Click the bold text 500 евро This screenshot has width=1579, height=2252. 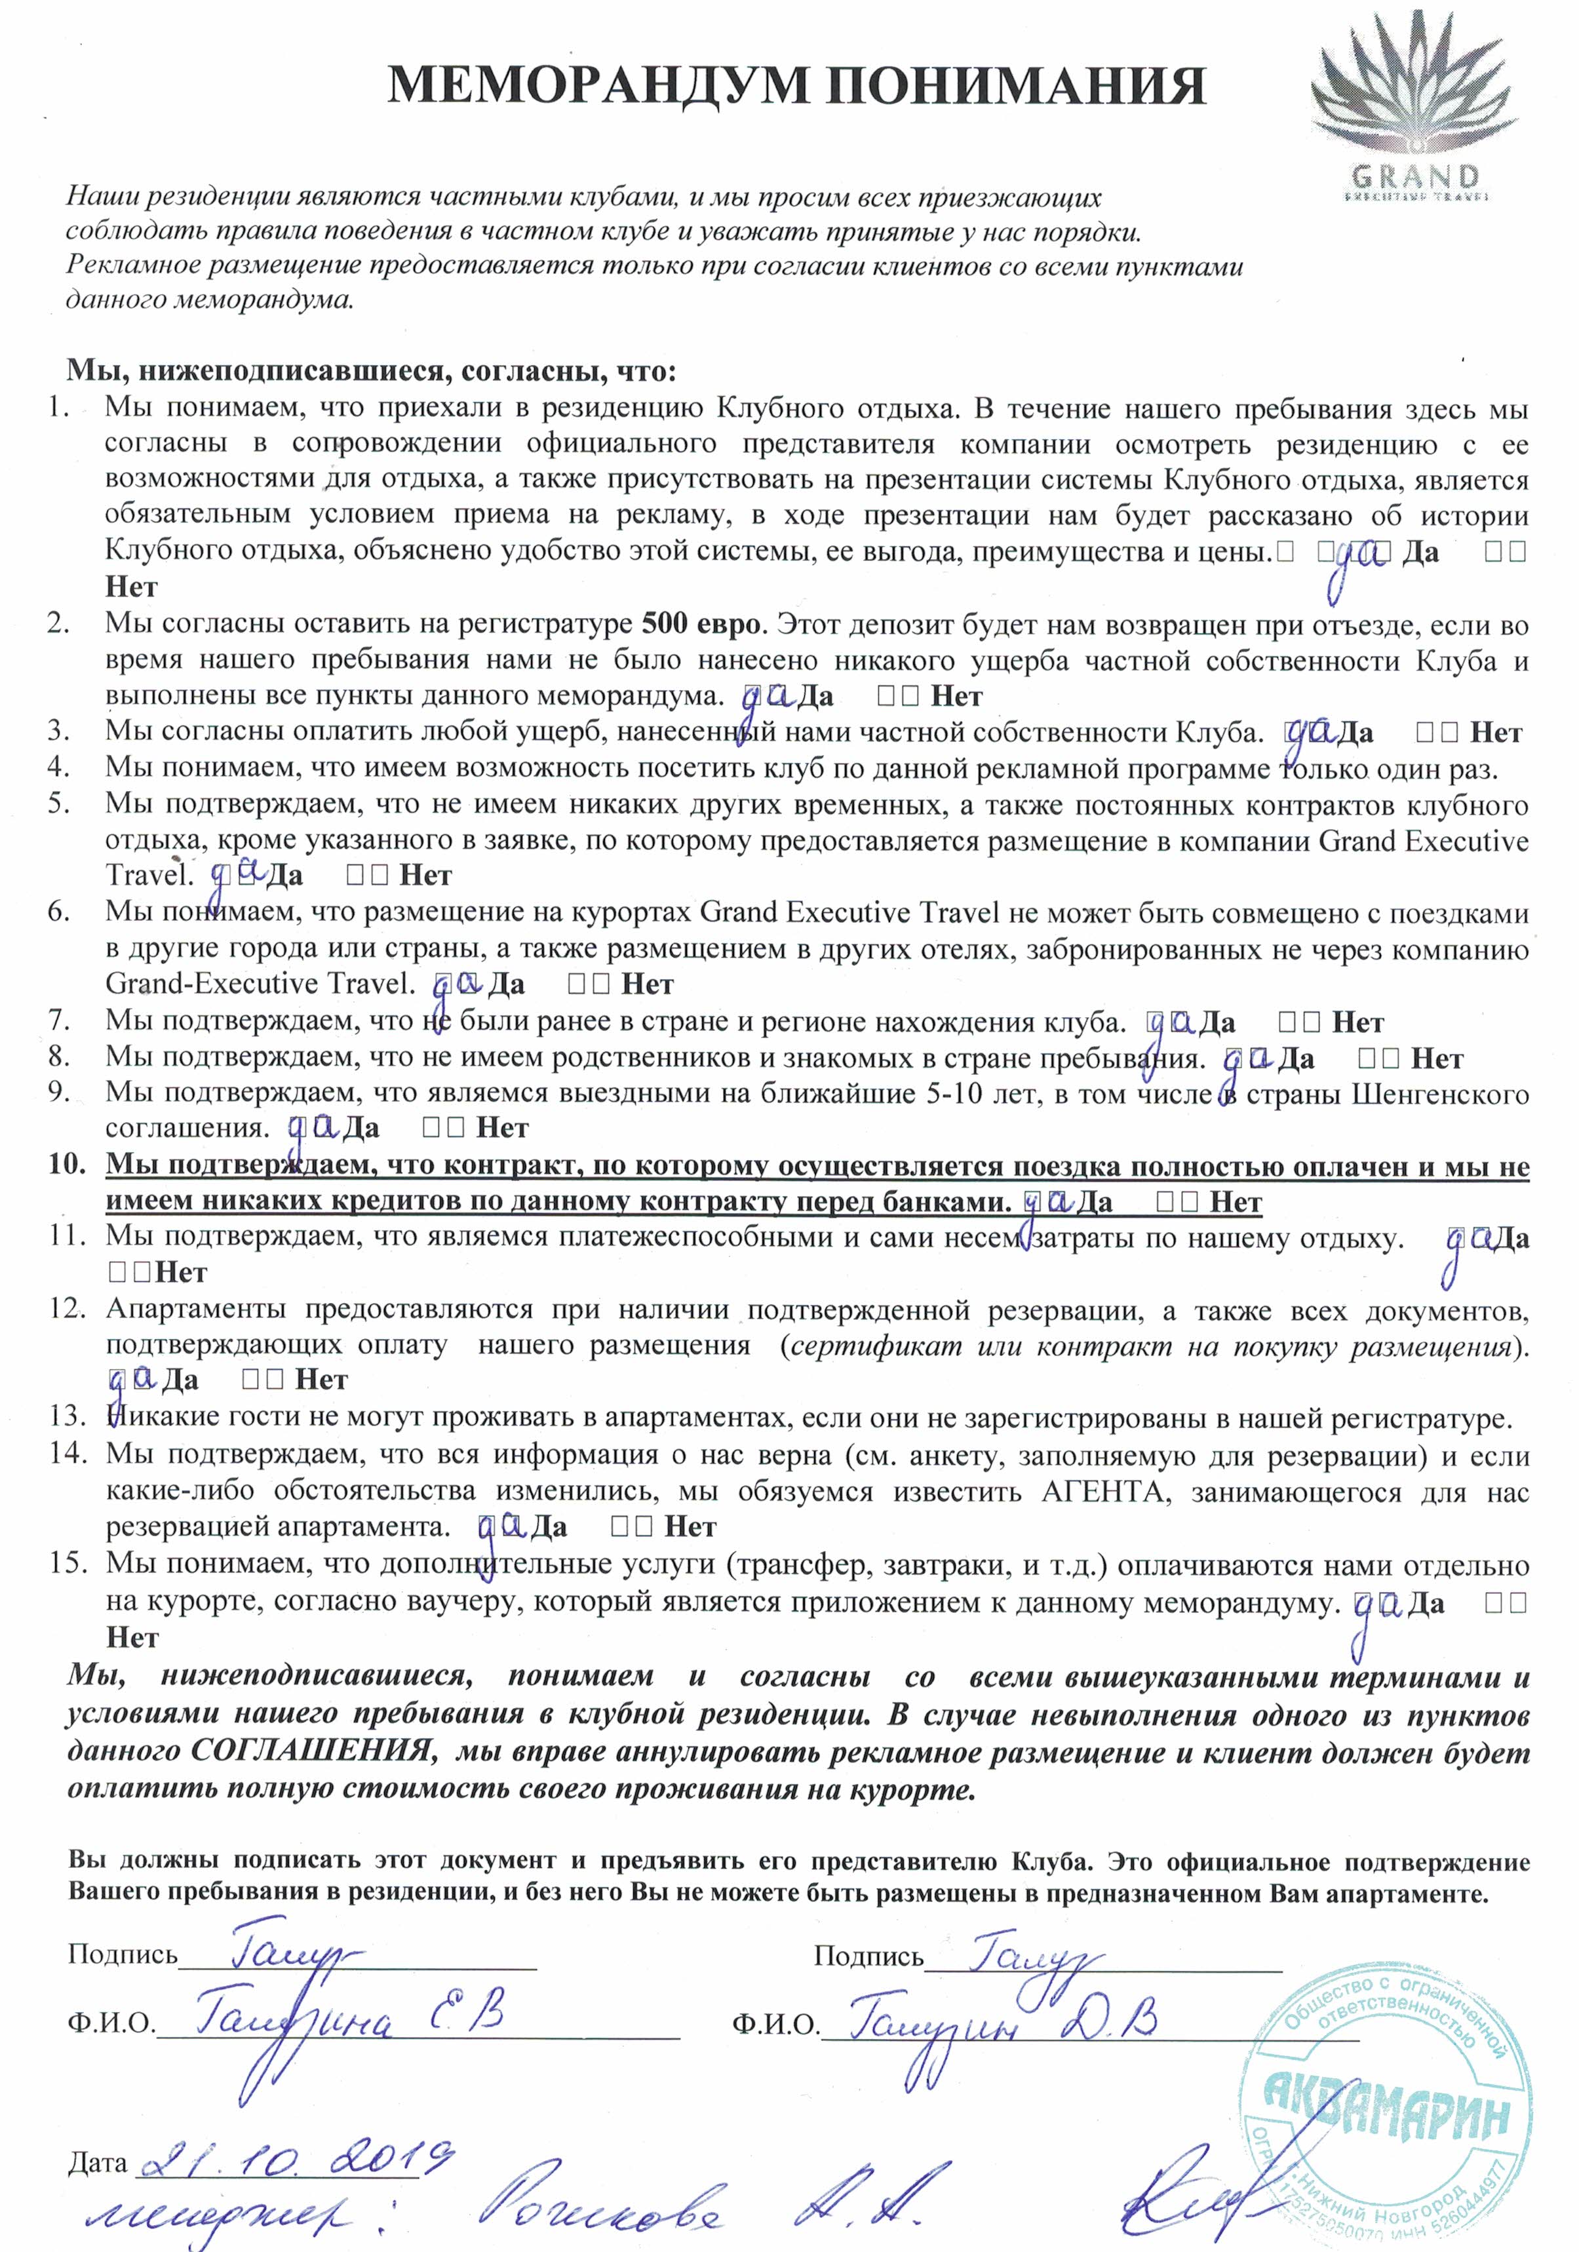[700, 624]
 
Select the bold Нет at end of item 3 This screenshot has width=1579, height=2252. [1496, 733]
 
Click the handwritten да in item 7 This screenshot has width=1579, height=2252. [1169, 1023]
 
